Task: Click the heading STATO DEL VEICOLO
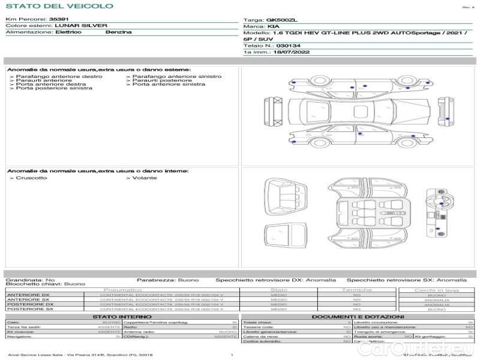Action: pos(59,6)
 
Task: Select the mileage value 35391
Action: pos(59,20)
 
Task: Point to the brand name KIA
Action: pos(272,27)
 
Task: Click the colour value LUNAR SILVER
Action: pos(81,26)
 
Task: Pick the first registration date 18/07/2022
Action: pos(283,53)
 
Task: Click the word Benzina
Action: pos(118,32)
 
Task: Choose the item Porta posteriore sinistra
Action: pos(54,89)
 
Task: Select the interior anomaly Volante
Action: pos(145,178)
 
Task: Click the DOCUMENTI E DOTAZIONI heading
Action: pos(358,317)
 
